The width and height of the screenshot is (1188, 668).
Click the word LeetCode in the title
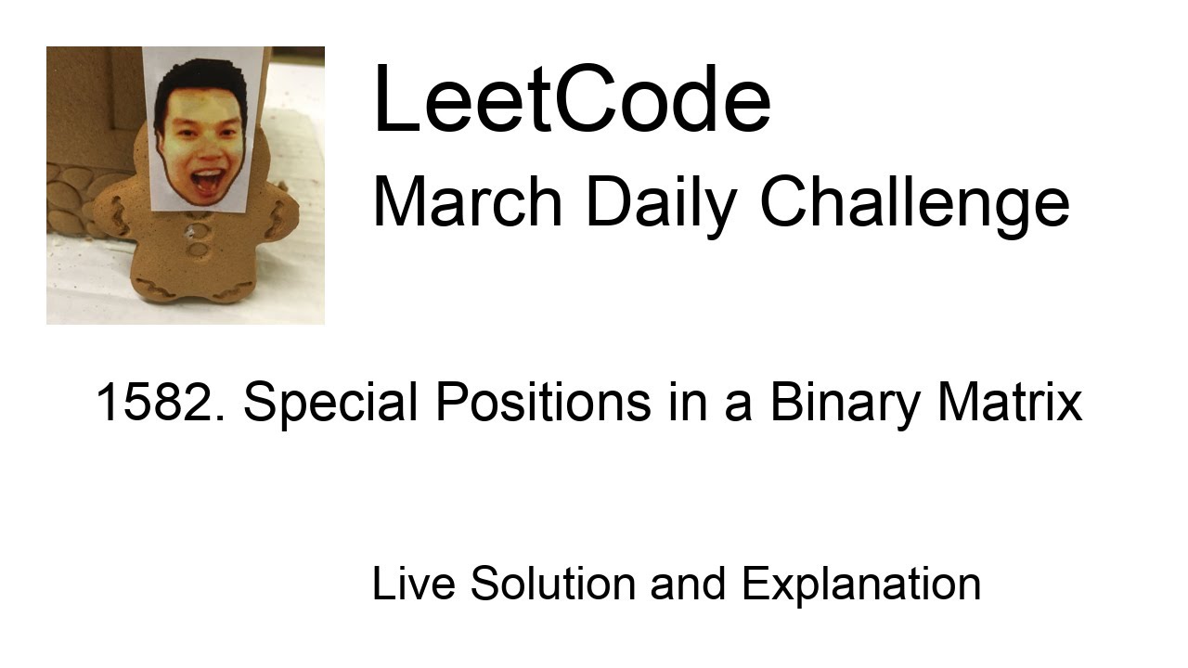pos(571,100)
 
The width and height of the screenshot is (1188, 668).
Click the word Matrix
pos(1010,403)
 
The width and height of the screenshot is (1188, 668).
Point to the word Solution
pos(553,584)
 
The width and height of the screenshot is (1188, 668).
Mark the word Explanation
pos(861,584)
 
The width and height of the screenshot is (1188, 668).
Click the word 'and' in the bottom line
pos(688,584)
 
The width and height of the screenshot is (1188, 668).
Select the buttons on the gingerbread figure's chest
pos(198,241)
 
